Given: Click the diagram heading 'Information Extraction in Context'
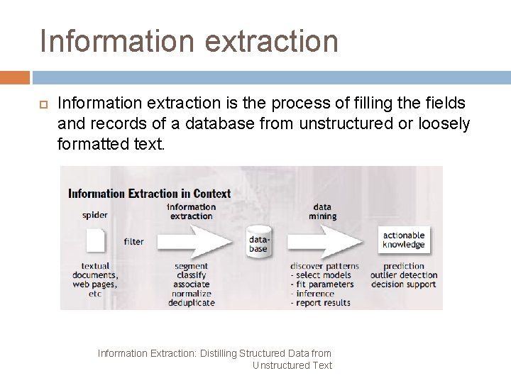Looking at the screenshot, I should pyautogui.click(x=149, y=193).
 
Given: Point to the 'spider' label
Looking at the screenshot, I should pyautogui.click(x=95, y=216).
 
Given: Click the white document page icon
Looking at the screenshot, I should pyautogui.click(x=96, y=241).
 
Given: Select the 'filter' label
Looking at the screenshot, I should pyautogui.click(x=133, y=241).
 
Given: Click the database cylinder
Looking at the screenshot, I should pyautogui.click(x=258, y=241).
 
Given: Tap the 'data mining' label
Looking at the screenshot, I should pyautogui.click(x=322, y=211).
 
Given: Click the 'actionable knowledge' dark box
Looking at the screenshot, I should pyautogui.click(x=403, y=240).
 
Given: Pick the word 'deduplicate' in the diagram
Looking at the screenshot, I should pyautogui.click(x=191, y=303).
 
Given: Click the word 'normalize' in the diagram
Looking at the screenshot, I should pyautogui.click(x=191, y=294).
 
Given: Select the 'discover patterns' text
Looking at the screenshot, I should pyautogui.click(x=324, y=266).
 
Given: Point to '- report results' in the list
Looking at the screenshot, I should pyautogui.click(x=320, y=303).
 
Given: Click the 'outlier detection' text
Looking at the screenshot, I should pyautogui.click(x=404, y=275).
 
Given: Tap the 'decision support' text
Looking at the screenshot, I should pyautogui.click(x=404, y=284).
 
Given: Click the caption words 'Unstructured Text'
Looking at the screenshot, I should pyautogui.click(x=292, y=365).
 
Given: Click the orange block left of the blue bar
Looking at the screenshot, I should pyautogui.click(x=15, y=77).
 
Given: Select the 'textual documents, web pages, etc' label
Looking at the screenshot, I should pyautogui.click(x=95, y=279).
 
